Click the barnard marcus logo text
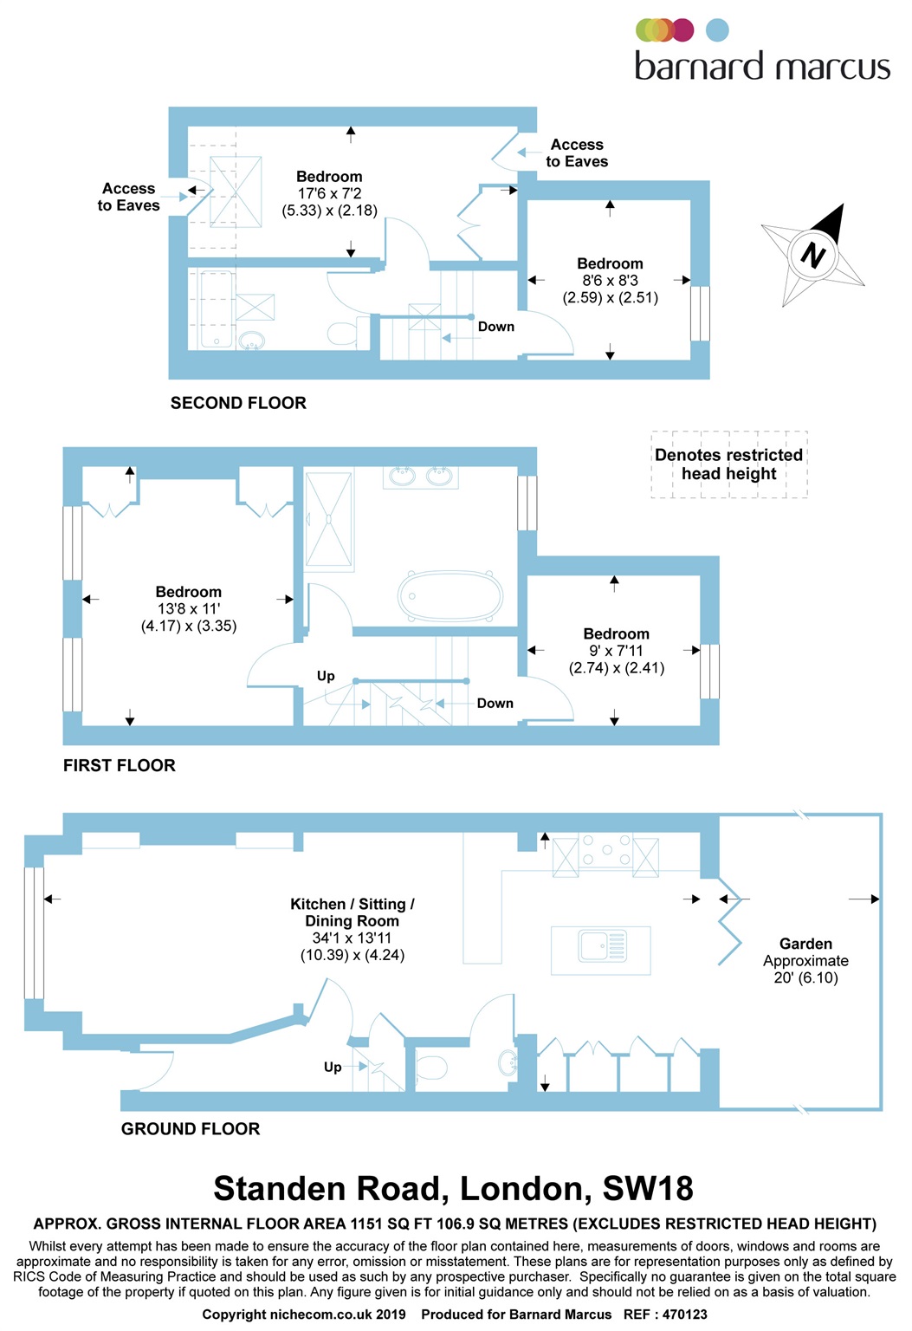[761, 67]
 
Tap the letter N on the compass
[812, 255]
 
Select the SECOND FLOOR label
[238, 403]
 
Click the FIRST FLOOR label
[120, 765]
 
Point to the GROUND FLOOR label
[191, 1128]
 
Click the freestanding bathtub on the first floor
[450, 595]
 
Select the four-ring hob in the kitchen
[606, 850]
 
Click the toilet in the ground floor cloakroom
[431, 1065]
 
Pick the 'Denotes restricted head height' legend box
[729, 464]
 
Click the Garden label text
[805, 944]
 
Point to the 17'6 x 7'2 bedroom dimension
[329, 194]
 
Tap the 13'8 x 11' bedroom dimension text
[189, 609]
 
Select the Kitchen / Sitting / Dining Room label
[353, 912]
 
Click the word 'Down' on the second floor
[496, 327]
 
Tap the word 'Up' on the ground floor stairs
[333, 1067]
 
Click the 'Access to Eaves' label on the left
[129, 197]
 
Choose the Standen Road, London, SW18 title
[453, 1189]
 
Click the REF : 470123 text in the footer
[665, 1315]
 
